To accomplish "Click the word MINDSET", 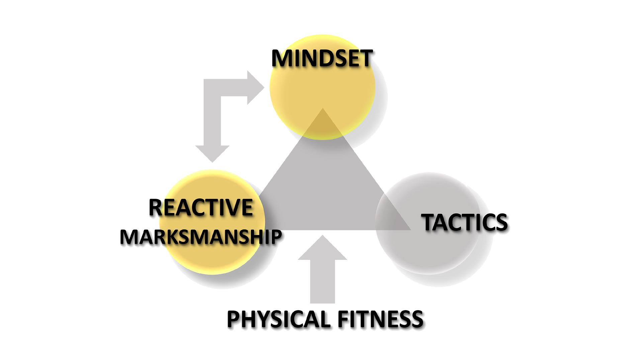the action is (322, 58).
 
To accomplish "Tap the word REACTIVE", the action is (201, 207).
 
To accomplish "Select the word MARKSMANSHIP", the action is (201, 237).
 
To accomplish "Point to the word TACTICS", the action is (464, 222).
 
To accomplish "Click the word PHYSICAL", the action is (279, 319).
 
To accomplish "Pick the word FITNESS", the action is (381, 319).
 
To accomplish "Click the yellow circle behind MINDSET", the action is (323, 87).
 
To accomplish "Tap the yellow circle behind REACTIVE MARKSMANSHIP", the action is (212, 222).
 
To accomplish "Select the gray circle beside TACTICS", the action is (428, 223).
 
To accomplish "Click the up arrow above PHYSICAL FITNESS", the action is (323, 269).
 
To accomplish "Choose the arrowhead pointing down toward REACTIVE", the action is (212, 154).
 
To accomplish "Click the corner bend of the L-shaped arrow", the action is (212, 88).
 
